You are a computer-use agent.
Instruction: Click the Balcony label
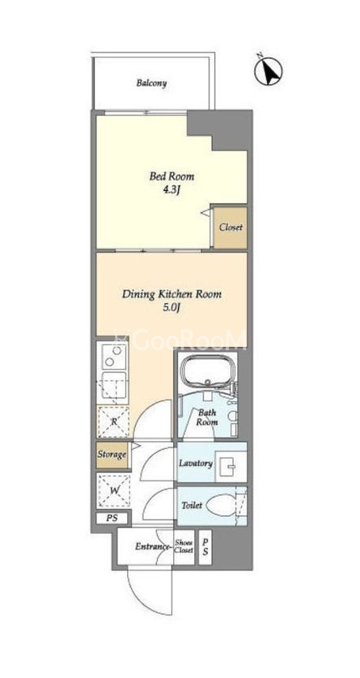(152, 83)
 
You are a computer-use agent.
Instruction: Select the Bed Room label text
(172, 176)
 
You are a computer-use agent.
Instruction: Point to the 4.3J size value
(172, 190)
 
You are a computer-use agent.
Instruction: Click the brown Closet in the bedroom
(231, 227)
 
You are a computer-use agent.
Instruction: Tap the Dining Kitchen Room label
(172, 295)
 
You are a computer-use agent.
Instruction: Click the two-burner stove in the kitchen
(113, 356)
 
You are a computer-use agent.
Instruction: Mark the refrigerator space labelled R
(113, 422)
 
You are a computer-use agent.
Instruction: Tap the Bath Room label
(207, 417)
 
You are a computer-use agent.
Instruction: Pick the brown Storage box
(112, 455)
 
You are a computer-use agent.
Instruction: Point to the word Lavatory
(196, 464)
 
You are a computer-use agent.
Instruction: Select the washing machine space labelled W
(113, 490)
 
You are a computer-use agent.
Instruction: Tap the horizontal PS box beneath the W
(112, 518)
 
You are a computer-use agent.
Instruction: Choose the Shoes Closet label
(184, 547)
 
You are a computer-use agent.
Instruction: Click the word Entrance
(152, 547)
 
